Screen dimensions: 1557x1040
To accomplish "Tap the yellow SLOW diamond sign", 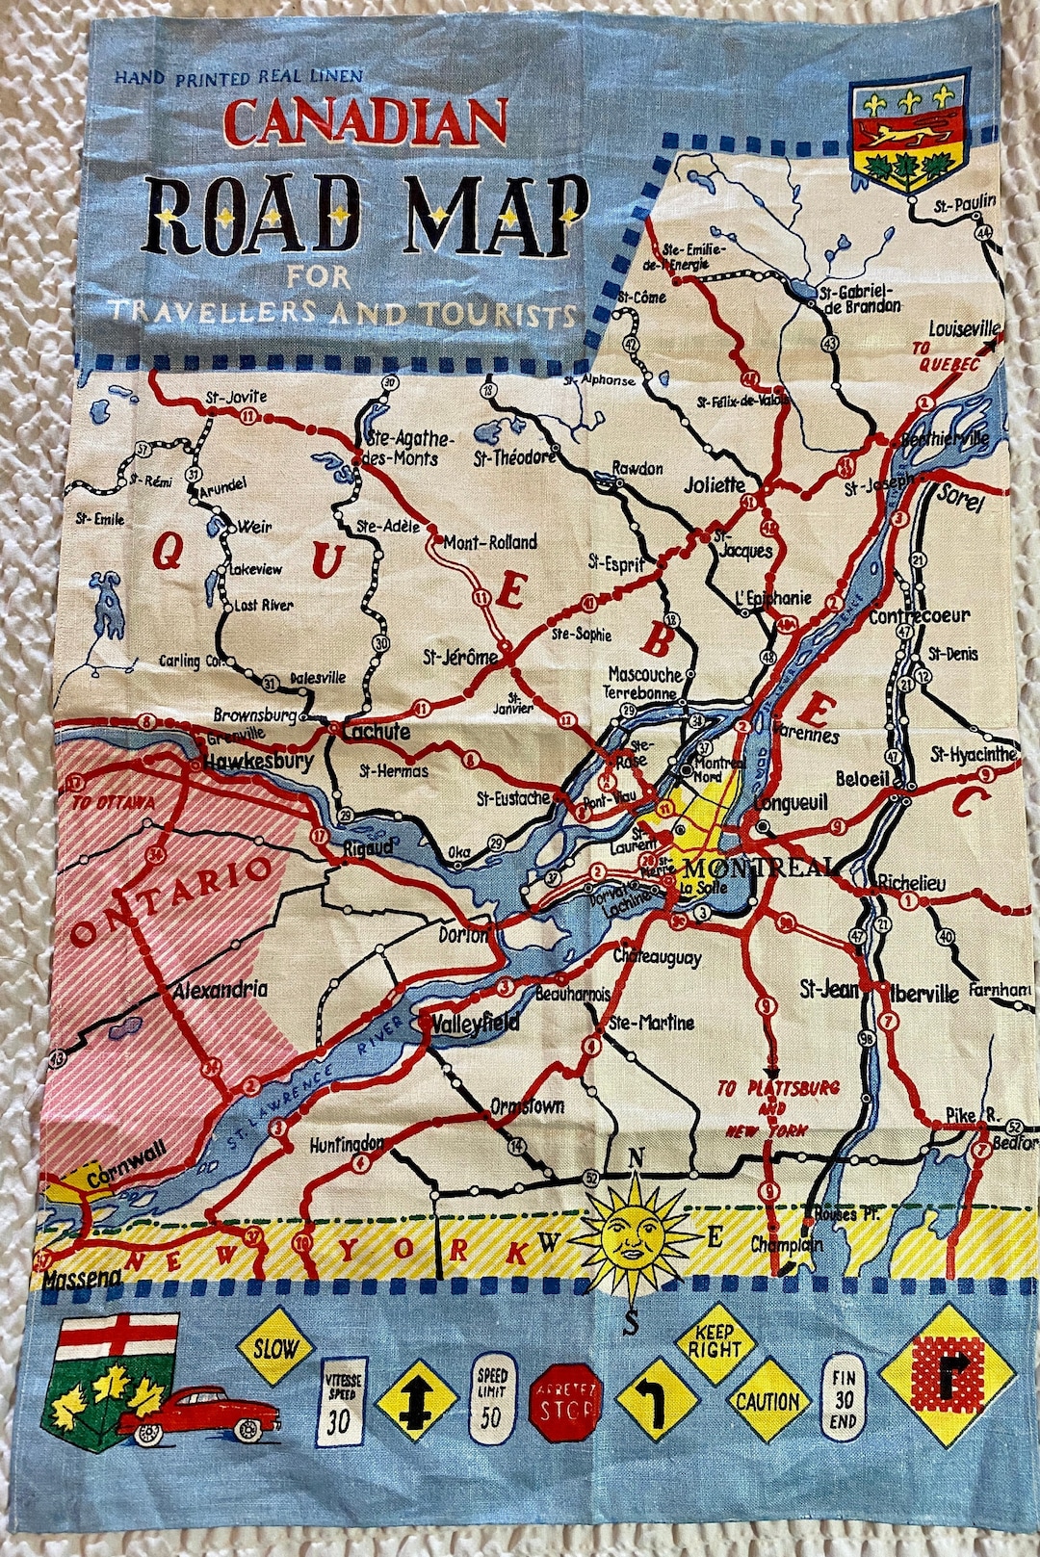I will tap(275, 1348).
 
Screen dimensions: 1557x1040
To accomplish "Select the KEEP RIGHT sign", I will tap(714, 1339).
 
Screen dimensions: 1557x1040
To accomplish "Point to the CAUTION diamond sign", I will tap(767, 1401).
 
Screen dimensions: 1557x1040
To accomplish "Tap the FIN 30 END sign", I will tap(844, 1399).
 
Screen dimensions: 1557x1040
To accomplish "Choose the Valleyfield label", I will tap(476, 1023).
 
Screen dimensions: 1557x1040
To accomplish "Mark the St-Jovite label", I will tap(236, 397).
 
